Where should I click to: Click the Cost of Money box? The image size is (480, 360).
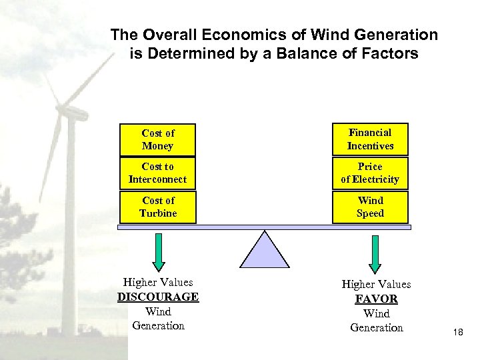click(157, 139)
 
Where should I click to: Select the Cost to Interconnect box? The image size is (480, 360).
click(157, 173)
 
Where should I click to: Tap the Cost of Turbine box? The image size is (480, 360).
click(157, 207)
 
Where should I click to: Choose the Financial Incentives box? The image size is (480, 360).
click(370, 139)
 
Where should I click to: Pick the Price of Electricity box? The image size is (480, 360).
click(370, 173)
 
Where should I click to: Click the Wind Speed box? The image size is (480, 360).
click(370, 207)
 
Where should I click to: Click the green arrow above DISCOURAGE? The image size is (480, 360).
click(158, 250)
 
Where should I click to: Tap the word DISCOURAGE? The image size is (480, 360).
click(158, 297)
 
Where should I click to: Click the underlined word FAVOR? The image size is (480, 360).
click(376, 299)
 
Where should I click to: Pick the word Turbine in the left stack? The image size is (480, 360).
click(158, 213)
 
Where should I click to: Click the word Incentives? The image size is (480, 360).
click(370, 146)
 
